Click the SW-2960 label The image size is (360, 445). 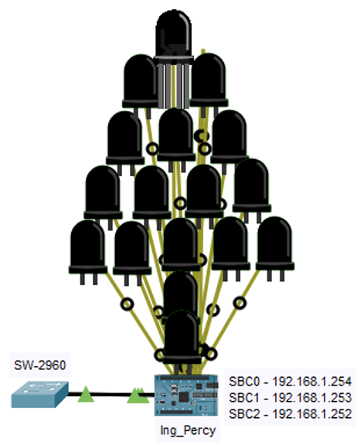pos(40,365)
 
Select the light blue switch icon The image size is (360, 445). pos(39,395)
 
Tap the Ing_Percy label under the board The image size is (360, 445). pos(188,431)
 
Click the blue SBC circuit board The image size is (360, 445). pos(186,395)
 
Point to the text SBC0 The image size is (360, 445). pos(244,382)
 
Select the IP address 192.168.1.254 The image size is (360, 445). pos(312,382)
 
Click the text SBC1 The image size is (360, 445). pos(244,398)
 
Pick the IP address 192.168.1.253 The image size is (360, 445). pos(312,398)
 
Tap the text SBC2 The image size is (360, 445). pos(244,414)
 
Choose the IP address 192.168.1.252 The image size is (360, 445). pos(312,414)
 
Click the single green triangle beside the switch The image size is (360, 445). pos(86,395)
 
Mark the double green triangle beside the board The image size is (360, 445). pos(138,396)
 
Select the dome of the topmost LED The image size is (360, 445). pos(173,35)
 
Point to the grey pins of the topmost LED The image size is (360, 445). pos(173,86)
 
